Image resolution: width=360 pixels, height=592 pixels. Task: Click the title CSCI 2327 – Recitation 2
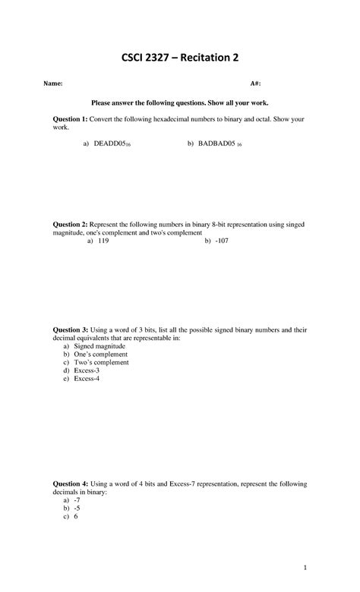(179, 58)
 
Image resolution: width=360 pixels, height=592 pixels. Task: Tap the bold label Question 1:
(70, 120)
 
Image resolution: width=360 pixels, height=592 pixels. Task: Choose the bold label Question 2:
(70, 225)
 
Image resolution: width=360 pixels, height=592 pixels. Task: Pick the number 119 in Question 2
(104, 241)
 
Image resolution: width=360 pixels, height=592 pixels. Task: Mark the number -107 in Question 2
(221, 241)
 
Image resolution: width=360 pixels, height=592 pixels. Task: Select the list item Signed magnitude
(99, 346)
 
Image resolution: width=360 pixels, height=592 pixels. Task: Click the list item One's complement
(100, 354)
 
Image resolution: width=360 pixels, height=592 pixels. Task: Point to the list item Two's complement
(101, 363)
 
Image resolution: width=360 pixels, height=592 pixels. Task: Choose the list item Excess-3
(87, 370)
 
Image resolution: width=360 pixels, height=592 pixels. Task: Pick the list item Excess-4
(87, 379)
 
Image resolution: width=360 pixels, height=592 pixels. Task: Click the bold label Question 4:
(70, 483)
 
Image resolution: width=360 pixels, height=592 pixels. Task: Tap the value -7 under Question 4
(77, 501)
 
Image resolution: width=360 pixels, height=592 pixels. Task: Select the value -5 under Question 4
(77, 509)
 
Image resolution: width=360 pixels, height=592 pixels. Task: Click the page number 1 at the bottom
(303, 567)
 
